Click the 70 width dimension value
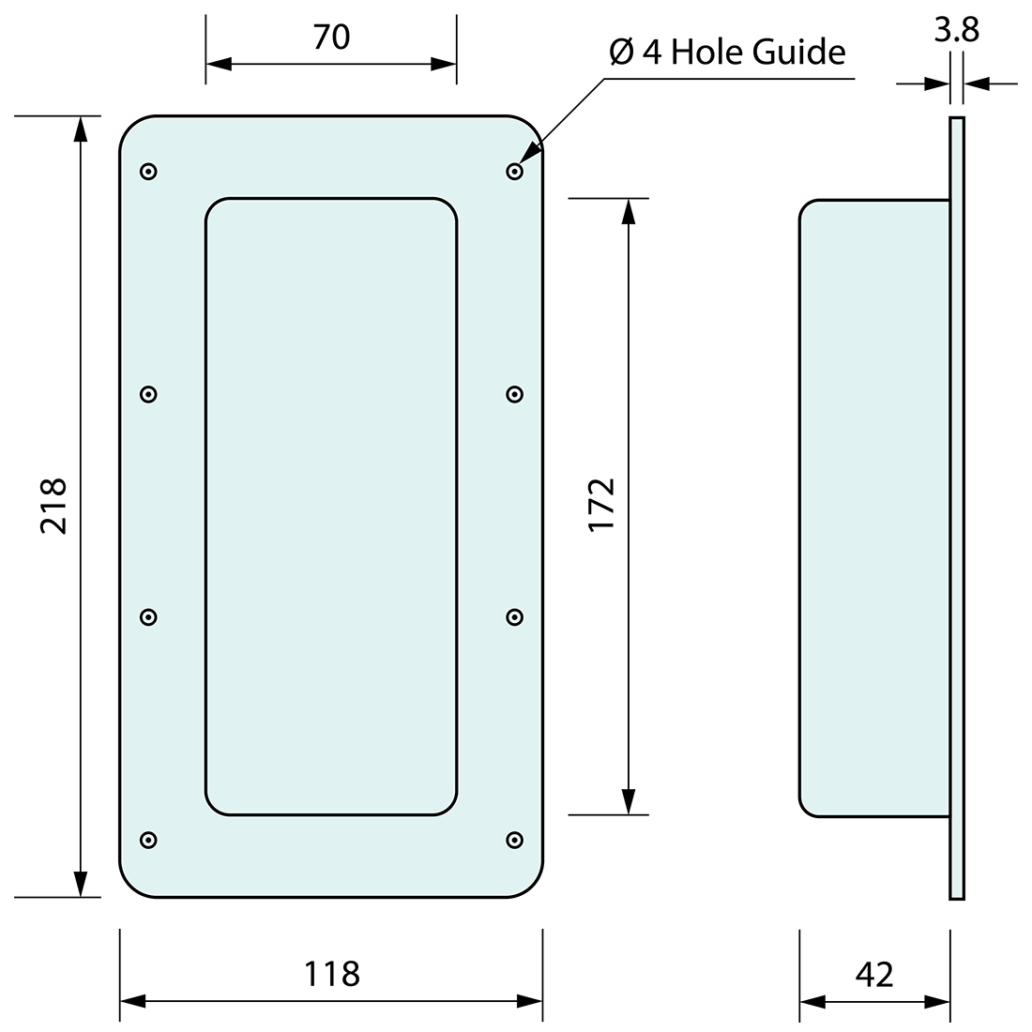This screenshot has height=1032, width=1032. (331, 37)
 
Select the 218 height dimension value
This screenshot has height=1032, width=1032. (54, 507)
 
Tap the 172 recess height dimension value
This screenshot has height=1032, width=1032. (601, 505)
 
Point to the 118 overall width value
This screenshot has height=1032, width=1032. (331, 974)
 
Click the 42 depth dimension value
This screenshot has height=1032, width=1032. (874, 974)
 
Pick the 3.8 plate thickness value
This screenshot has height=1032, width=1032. (956, 31)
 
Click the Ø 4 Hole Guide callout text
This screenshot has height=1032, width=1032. (727, 53)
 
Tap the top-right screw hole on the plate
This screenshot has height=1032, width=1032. (514, 171)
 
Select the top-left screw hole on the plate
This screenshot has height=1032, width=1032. (148, 171)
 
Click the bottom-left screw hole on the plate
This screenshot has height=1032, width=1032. (148, 839)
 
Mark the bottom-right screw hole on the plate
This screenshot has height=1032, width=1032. (514, 839)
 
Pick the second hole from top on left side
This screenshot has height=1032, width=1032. (148, 394)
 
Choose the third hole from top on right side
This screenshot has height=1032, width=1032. (514, 616)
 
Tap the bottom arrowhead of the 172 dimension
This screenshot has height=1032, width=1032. (630, 801)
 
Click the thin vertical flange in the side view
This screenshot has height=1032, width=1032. (957, 507)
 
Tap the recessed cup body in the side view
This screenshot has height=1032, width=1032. (873, 507)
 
